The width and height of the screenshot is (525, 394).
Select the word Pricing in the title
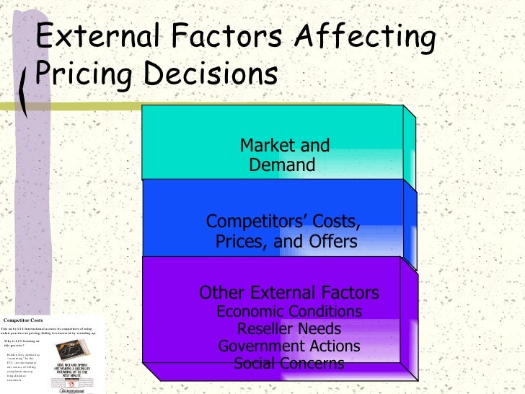click(x=79, y=74)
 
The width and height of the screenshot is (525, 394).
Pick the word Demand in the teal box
click(x=282, y=165)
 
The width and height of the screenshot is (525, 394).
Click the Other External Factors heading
click(x=288, y=293)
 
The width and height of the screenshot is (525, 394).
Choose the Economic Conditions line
click(x=288, y=312)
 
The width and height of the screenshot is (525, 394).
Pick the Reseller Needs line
click(x=288, y=329)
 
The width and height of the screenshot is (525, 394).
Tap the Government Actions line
click(x=288, y=346)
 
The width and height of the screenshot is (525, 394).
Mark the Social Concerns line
click(x=288, y=364)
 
